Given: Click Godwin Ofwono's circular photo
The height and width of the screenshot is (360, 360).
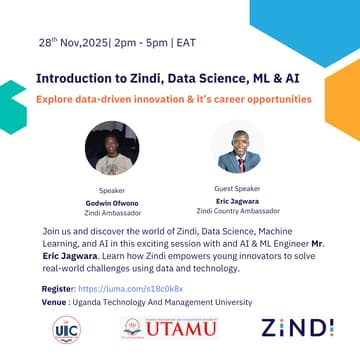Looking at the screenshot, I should (x=112, y=148).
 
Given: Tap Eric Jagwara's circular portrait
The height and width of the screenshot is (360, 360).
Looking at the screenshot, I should (x=238, y=148).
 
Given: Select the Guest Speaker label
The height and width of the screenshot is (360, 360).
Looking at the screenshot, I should (x=237, y=187).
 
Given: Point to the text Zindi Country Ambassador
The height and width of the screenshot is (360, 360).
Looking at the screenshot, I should (x=237, y=211).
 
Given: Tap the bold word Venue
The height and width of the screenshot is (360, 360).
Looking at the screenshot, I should (x=55, y=301).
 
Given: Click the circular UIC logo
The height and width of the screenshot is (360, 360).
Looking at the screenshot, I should (x=67, y=329).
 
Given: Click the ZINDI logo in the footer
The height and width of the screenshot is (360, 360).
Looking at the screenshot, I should (x=297, y=328).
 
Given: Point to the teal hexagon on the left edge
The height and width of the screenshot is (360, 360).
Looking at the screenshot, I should (x=10, y=107).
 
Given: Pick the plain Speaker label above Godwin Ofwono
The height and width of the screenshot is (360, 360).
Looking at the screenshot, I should (x=112, y=189).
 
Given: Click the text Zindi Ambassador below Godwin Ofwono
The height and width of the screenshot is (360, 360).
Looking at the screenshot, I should (x=112, y=213).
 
